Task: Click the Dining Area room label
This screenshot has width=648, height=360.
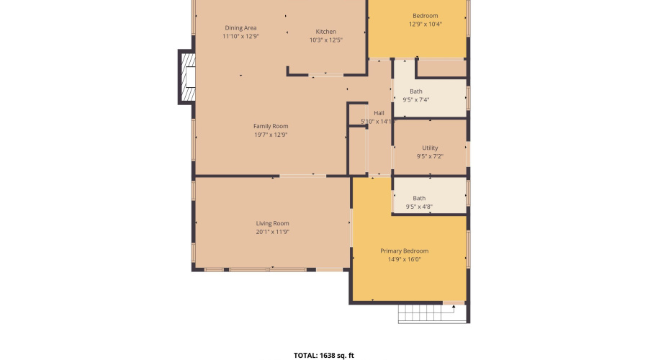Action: click(x=240, y=28)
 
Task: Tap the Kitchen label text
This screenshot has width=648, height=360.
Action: click(x=325, y=32)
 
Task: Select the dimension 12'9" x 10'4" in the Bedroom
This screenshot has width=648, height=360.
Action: click(x=425, y=24)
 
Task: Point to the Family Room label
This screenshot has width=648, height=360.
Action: click(x=270, y=126)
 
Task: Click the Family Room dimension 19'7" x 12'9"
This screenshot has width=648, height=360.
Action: click(x=270, y=135)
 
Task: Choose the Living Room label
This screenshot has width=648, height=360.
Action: click(x=272, y=223)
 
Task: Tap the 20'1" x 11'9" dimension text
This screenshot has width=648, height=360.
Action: click(x=272, y=232)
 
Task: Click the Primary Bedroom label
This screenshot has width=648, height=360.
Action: click(x=409, y=251)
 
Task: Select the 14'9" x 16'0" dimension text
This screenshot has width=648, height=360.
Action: click(x=409, y=259)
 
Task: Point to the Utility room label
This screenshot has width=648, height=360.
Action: click(x=430, y=148)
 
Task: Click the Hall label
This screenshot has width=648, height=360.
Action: click(x=379, y=113)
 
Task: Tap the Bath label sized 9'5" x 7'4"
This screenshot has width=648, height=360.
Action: click(x=416, y=91)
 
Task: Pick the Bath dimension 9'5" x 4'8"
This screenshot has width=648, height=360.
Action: click(x=419, y=207)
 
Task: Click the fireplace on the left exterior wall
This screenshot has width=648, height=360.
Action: click(x=187, y=78)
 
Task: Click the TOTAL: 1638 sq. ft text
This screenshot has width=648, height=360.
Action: click(x=324, y=355)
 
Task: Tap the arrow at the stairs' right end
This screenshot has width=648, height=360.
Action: click(x=454, y=308)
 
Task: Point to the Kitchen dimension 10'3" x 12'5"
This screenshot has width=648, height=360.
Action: click(x=325, y=40)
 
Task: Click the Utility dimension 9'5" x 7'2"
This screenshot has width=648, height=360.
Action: click(x=430, y=156)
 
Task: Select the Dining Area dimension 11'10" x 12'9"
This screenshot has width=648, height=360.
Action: click(x=240, y=36)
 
